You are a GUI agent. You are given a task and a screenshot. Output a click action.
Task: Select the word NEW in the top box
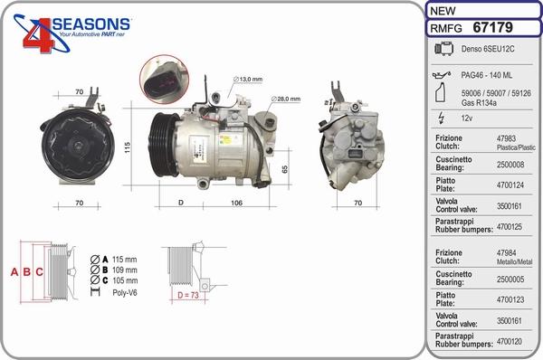[x=443, y=10]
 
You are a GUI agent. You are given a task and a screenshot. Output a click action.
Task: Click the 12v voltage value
[x=468, y=118]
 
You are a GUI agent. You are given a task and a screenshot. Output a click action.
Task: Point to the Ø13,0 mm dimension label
[x=248, y=80]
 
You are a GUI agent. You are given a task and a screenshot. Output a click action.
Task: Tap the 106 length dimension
[x=237, y=202]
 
